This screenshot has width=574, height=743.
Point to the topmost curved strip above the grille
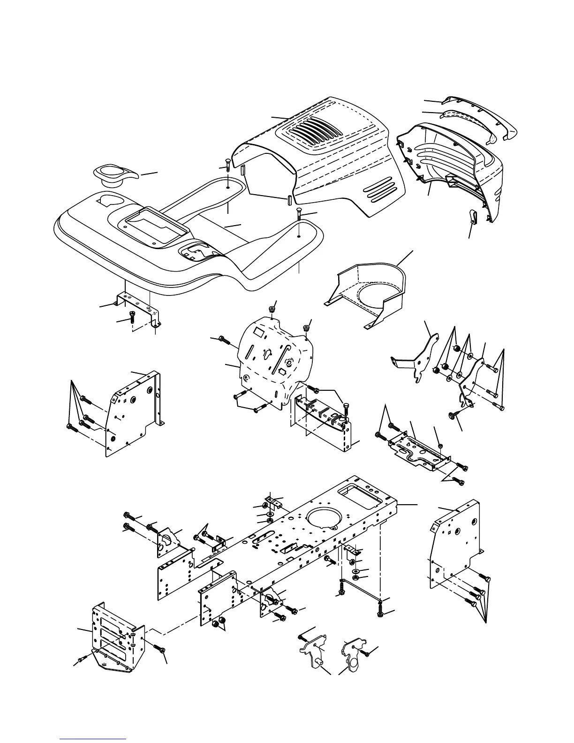pyautogui.click(x=478, y=111)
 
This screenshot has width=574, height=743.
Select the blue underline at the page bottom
pyautogui.click(x=93, y=740)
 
